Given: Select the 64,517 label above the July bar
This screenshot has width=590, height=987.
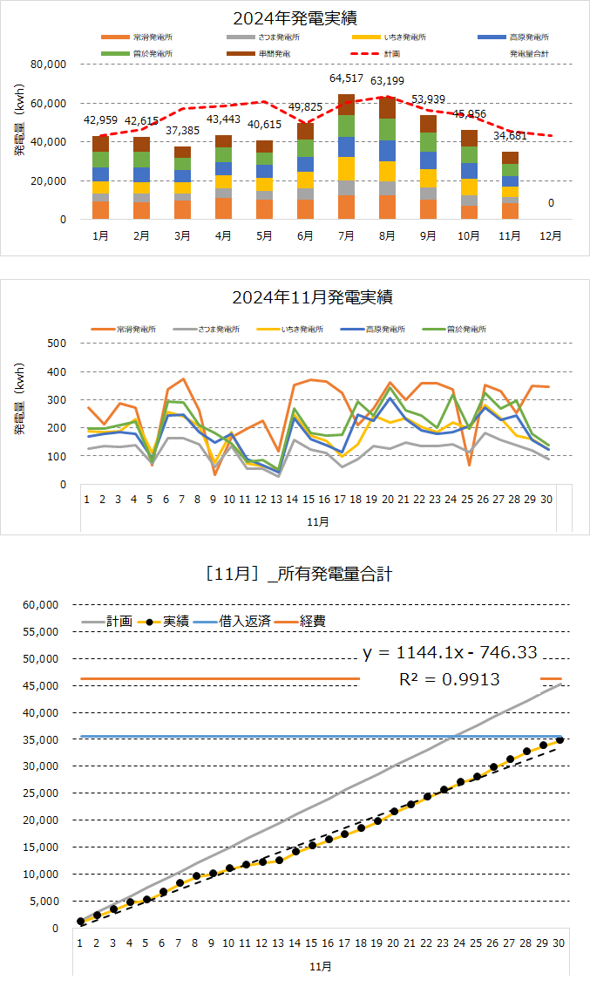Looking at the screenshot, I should click(x=346, y=78).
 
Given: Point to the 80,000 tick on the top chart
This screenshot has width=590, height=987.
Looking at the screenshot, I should click(x=49, y=65).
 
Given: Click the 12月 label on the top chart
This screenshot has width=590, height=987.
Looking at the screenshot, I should click(x=549, y=236).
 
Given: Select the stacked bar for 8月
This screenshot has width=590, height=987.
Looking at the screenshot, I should click(x=387, y=157).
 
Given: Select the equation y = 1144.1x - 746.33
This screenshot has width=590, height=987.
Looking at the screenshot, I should click(x=450, y=651).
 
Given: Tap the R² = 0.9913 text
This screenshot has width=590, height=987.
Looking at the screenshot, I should click(x=450, y=678).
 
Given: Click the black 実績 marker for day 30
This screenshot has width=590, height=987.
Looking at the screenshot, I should click(x=559, y=739).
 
